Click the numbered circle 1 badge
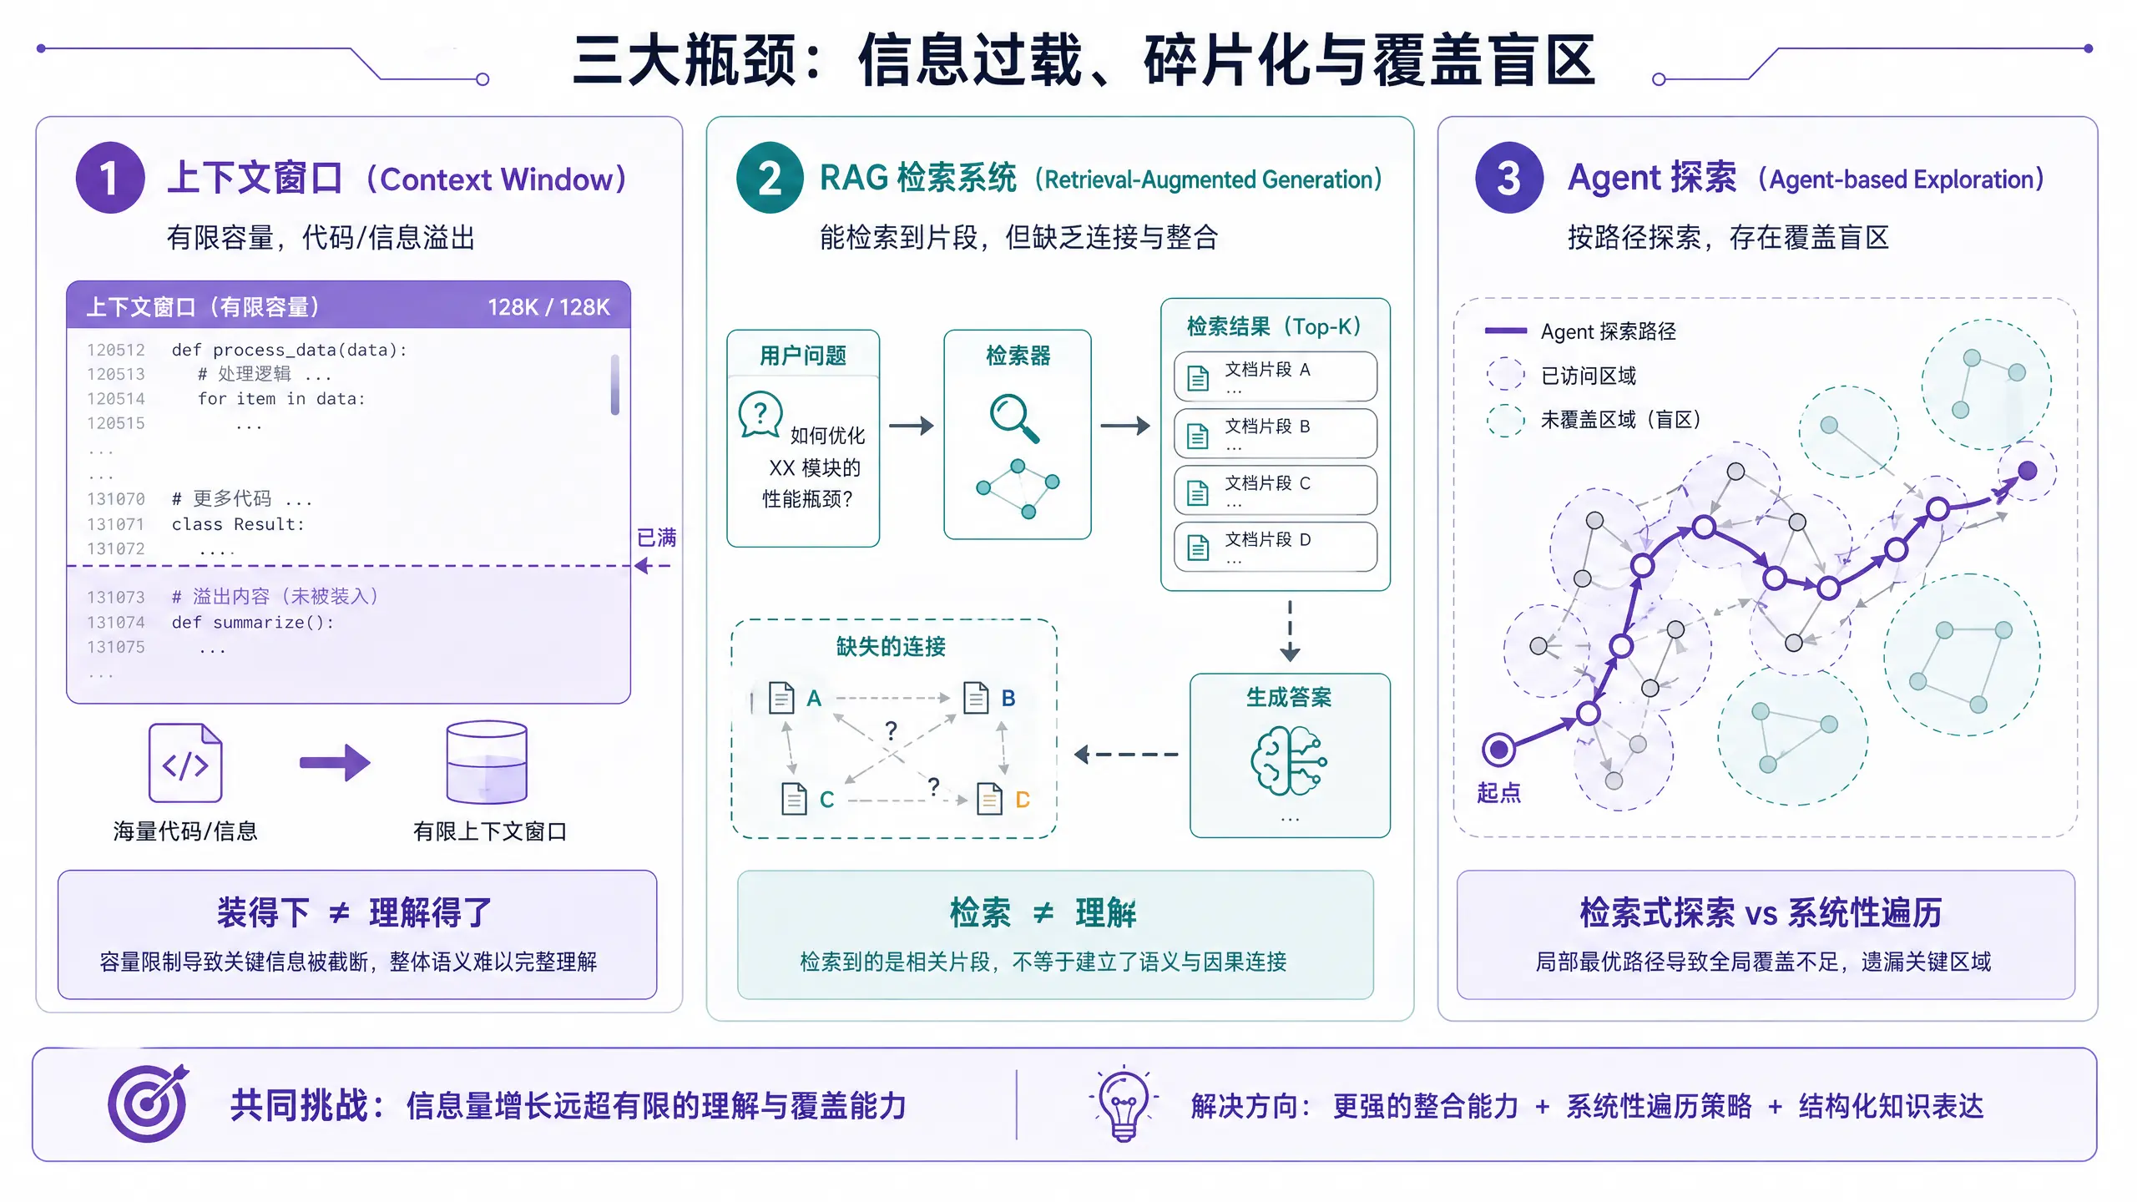(x=110, y=178)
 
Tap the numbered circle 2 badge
(x=770, y=178)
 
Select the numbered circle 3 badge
(x=1508, y=178)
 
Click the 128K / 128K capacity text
(x=548, y=307)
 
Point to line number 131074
(x=116, y=623)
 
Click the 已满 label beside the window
(x=656, y=538)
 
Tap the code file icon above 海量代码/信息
(x=185, y=763)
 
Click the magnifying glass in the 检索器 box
(x=1013, y=417)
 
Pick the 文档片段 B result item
(x=1275, y=433)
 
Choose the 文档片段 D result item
(x=1275, y=547)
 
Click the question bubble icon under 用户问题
(x=760, y=414)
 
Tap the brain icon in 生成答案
(x=1289, y=760)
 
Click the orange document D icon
(x=990, y=799)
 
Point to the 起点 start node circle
(x=1498, y=749)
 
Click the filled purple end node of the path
(x=2027, y=471)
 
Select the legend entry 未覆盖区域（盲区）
(x=1619, y=420)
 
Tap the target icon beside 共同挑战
(x=148, y=1104)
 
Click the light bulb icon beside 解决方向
(x=1123, y=1104)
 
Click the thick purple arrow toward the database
(x=335, y=762)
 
